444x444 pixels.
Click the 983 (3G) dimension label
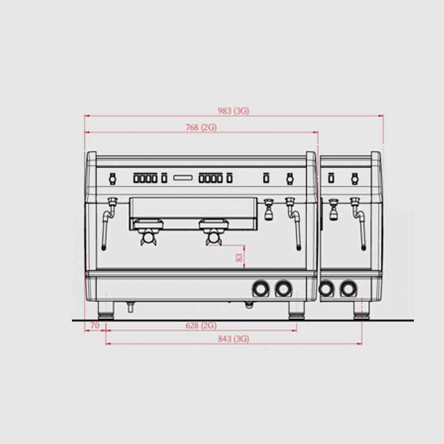[x=233, y=110]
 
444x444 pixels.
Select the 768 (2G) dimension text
[x=201, y=128]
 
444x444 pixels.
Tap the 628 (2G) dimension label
[x=201, y=325]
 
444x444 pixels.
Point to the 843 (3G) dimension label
[x=233, y=339]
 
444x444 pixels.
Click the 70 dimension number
[x=95, y=325]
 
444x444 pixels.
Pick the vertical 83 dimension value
[x=239, y=258]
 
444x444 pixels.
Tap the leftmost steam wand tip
[x=104, y=248]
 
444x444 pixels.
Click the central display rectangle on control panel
[x=183, y=178]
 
